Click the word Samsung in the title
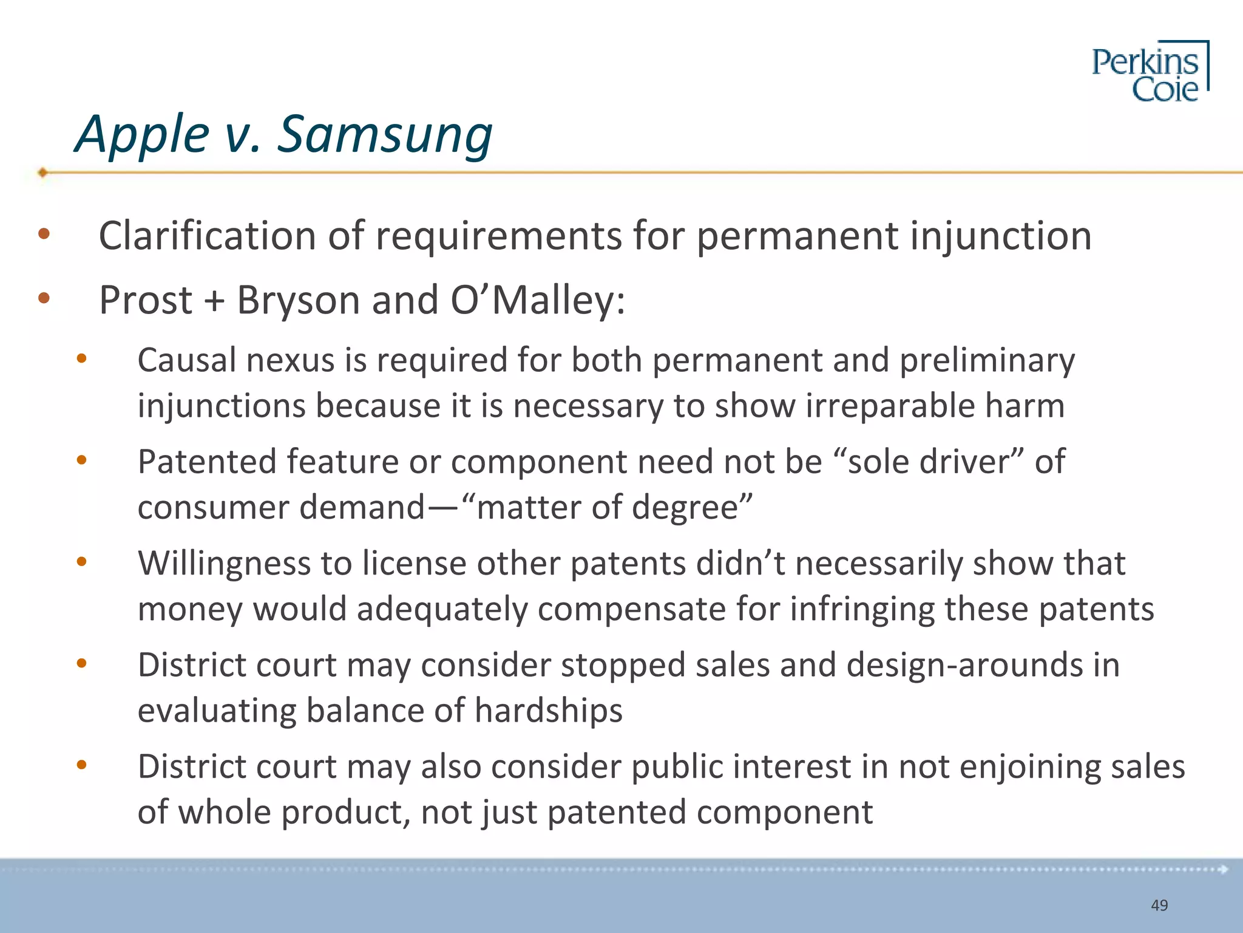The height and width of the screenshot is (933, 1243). [385, 135]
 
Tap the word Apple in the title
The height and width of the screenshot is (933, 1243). [142, 135]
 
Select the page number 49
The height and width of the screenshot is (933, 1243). [1159, 905]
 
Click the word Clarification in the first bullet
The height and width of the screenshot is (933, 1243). [207, 236]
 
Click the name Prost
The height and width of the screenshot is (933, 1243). [146, 300]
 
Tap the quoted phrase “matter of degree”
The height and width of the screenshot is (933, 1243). [607, 507]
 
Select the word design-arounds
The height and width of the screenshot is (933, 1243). [965, 665]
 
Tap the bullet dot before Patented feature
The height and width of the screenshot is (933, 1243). [81, 460]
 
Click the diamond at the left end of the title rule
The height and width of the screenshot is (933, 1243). [42, 173]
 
